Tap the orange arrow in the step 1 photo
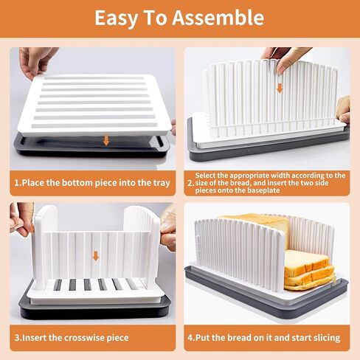pyautogui.click(x=106, y=139)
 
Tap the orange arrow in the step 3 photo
pyautogui.click(x=95, y=256)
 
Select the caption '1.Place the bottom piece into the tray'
pyautogui.click(x=92, y=182)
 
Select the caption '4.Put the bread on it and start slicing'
pyautogui.click(x=264, y=338)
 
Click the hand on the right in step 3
pyautogui.click(x=169, y=229)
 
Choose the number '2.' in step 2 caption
pyautogui.click(x=190, y=182)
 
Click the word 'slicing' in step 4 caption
pyautogui.click(x=324, y=338)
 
